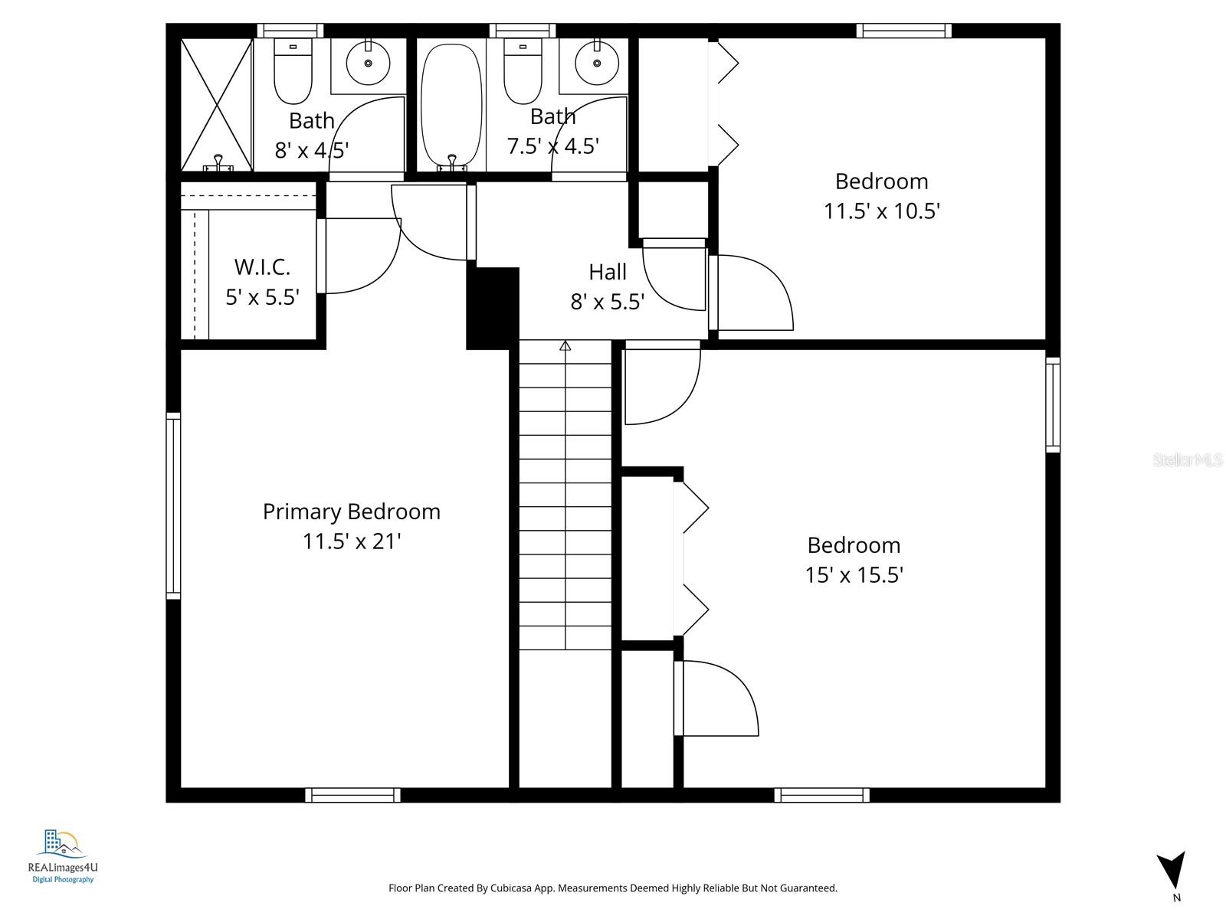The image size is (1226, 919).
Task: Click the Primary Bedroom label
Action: click(x=351, y=512)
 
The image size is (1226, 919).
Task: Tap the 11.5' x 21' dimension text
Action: click(x=352, y=541)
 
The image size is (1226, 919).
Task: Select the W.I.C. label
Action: click(x=262, y=267)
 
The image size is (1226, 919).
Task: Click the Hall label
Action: click(x=608, y=272)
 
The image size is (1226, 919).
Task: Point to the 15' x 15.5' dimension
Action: click(x=854, y=575)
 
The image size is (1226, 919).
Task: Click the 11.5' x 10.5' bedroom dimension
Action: click(x=881, y=211)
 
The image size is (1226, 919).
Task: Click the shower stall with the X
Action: click(x=217, y=103)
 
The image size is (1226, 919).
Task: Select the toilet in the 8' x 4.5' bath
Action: click(x=293, y=73)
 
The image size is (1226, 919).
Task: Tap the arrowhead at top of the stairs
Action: click(x=565, y=346)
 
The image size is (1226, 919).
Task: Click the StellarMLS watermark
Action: click(x=1187, y=460)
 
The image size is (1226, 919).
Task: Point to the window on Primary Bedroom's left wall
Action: click(x=174, y=505)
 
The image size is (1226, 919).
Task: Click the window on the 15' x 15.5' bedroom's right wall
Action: click(x=1053, y=404)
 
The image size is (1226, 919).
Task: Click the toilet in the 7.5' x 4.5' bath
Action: click(x=523, y=73)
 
